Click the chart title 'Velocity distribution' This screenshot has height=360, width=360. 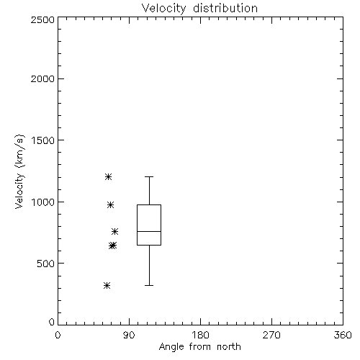tap(199, 9)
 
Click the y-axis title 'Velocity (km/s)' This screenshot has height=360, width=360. tap(19, 171)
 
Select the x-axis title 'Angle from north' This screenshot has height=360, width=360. tap(199, 347)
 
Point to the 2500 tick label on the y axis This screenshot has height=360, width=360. tap(42, 19)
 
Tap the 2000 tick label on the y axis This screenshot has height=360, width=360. tap(42, 78)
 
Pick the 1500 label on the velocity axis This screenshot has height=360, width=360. tap(42, 140)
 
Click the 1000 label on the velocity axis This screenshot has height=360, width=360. tap(42, 202)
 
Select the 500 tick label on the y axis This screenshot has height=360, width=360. tap(46, 264)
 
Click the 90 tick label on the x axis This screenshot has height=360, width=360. tap(129, 335)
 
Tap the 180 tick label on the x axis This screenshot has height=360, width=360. tap(200, 335)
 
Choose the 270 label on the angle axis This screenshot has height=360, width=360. tap(271, 335)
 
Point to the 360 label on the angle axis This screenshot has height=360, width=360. tap(343, 335)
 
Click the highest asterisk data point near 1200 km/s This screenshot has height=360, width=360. tap(108, 177)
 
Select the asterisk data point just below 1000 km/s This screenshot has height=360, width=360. tap(110, 204)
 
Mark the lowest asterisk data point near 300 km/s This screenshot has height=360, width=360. tap(107, 286)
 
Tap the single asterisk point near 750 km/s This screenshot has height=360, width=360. tap(114, 231)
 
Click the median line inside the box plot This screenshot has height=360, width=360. tap(149, 231)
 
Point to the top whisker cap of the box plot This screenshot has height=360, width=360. tap(149, 176)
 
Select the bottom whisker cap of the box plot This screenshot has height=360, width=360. tap(149, 285)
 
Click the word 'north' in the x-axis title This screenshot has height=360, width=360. tap(229, 347)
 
